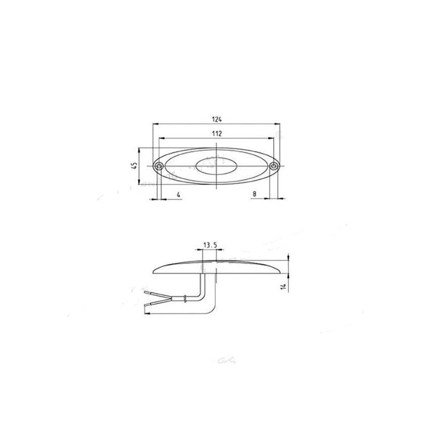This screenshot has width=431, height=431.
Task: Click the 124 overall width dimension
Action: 218,119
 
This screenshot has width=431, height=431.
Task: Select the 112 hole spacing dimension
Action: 218,133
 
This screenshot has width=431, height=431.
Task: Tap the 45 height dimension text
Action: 134,166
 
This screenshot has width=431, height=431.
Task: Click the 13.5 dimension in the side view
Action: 210,245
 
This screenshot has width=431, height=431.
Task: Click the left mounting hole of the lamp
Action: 160,166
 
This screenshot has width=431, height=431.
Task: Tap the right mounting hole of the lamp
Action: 274,166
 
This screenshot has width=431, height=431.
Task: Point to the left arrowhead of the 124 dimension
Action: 155,124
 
